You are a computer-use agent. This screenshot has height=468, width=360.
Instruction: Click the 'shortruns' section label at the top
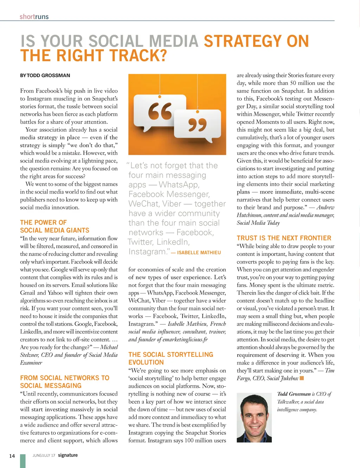pyautogui.click(x=34, y=17)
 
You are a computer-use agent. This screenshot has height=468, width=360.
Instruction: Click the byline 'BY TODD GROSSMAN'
pyautogui.click(x=45, y=75)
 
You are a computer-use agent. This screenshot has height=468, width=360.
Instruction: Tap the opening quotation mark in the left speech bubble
pyautogui.click(x=160, y=111)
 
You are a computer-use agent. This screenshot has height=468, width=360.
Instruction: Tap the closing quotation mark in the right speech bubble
pyautogui.click(x=197, y=125)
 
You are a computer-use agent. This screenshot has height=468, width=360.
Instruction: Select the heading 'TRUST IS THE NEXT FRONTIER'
pyautogui.click(x=284, y=238)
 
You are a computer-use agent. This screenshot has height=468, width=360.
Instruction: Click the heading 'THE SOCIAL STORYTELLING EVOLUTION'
pyautogui.click(x=171, y=358)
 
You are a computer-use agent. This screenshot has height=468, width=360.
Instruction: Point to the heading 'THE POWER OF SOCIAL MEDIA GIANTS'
pyautogui.click(x=54, y=226)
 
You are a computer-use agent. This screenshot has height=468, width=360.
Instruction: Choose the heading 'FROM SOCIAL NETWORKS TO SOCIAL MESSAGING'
pyautogui.click(x=65, y=381)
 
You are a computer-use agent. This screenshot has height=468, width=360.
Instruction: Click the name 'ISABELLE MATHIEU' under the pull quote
pyautogui.click(x=199, y=253)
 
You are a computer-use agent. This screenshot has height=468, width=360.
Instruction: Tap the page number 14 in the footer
pyautogui.click(x=12, y=456)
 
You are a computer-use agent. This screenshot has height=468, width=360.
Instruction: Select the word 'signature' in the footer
pyautogui.click(x=68, y=455)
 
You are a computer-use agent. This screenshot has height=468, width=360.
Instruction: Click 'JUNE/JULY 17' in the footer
pyautogui.click(x=44, y=455)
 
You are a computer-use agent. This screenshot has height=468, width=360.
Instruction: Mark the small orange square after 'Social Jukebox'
pyautogui.click(x=302, y=378)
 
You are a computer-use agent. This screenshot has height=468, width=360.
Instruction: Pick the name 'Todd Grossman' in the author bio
pyautogui.click(x=294, y=394)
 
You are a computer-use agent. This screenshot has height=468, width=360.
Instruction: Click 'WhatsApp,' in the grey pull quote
pyautogui.click(x=179, y=185)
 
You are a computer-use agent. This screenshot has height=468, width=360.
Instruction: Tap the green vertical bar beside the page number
pyautogui.click(x=23, y=461)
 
